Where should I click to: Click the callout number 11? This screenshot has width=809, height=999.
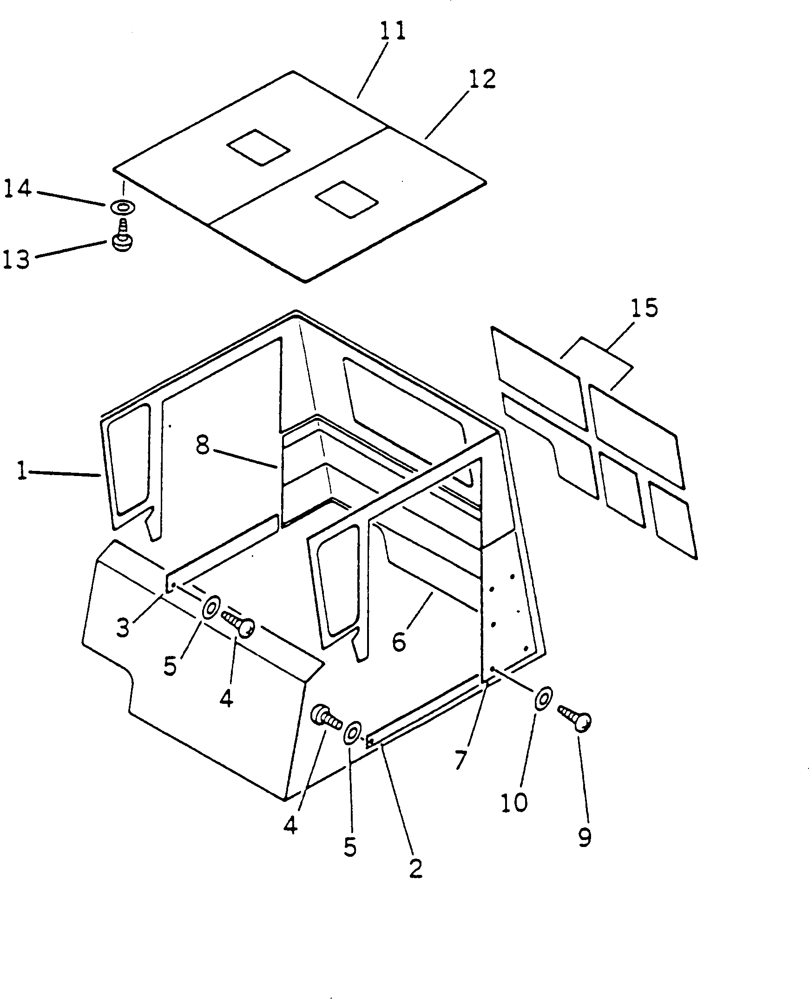392,32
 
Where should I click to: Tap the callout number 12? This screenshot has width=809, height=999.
482,79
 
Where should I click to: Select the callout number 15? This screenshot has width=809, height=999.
645,308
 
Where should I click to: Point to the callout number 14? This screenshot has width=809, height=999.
17,189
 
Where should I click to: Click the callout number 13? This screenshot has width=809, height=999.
16,259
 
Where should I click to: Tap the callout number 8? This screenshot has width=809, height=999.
203,445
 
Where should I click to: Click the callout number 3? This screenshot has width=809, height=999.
123,628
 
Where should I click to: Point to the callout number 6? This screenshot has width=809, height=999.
399,642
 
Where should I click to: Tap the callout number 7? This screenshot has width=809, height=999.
460,760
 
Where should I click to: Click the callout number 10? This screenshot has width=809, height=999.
514,802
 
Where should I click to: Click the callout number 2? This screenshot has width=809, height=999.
416,868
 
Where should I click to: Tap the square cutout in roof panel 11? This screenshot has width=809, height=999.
258,147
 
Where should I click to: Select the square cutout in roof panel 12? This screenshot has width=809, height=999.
347,199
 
